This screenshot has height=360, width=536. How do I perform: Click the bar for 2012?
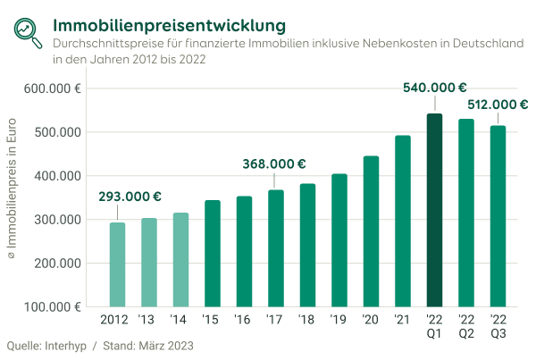point(117,264)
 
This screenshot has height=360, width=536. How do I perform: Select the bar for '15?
point(213,254)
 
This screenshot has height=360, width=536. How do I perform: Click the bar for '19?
point(339,240)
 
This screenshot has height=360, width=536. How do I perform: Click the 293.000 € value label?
point(130,197)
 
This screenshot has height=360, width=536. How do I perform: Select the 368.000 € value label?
point(274,163)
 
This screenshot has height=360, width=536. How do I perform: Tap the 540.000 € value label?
point(436,88)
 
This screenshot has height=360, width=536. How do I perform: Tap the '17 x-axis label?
point(276,319)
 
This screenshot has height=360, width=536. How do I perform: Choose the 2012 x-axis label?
point(117,319)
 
